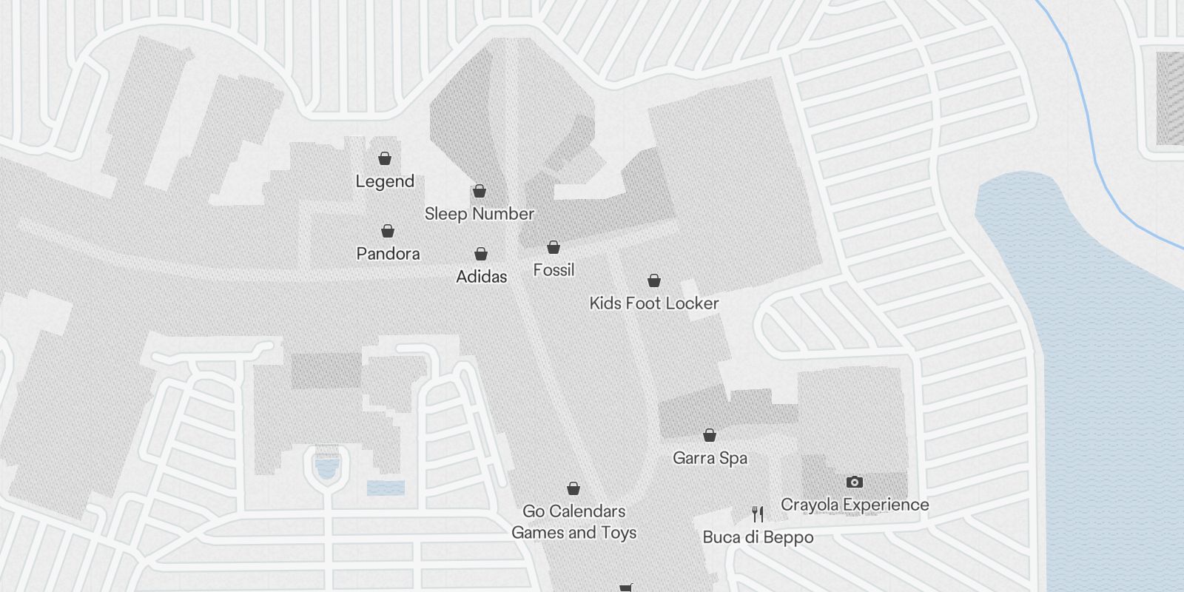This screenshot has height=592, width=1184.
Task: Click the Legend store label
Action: (385, 181)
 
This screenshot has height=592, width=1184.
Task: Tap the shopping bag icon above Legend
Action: (385, 158)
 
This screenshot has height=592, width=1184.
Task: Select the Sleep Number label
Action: (480, 214)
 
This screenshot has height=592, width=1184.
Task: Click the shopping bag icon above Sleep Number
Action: (480, 192)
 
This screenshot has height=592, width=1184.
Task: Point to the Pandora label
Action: (388, 254)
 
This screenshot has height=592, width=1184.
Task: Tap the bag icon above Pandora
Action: (388, 232)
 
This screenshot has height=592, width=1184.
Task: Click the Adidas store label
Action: (482, 277)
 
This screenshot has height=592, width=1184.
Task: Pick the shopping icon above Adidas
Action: (481, 255)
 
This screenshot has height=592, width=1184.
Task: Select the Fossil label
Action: (554, 270)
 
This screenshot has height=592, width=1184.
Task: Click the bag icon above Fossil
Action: (554, 247)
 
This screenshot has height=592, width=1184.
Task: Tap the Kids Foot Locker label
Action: (654, 303)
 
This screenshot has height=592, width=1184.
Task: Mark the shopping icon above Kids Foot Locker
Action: (654, 280)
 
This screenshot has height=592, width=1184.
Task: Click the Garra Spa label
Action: (710, 458)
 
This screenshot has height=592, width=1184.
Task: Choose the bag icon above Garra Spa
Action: (710, 435)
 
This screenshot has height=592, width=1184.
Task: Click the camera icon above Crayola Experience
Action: (855, 482)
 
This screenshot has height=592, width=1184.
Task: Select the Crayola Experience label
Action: (855, 505)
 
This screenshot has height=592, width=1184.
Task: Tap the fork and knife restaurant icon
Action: (758, 514)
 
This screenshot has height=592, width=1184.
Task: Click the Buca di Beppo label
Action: (758, 538)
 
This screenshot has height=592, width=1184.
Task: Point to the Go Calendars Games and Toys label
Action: (574, 522)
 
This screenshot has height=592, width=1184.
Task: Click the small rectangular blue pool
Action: (386, 488)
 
